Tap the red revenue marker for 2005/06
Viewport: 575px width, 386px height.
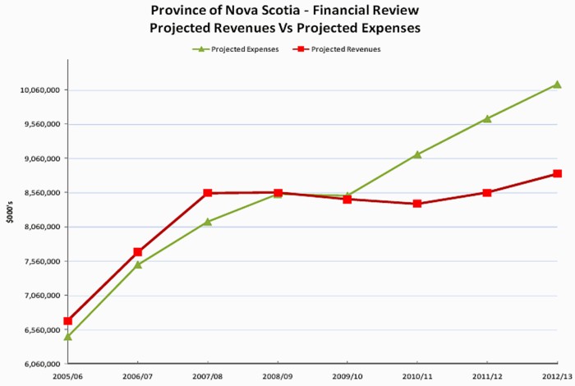(68, 321)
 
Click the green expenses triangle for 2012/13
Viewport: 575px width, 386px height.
(557, 85)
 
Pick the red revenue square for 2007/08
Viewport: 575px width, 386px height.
(208, 193)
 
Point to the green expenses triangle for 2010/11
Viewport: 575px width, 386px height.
(417, 154)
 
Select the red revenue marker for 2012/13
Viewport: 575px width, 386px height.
(557, 174)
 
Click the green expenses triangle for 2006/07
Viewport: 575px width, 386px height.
(138, 264)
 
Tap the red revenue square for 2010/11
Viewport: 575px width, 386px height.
(417, 204)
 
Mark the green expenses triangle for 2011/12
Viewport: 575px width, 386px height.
(487, 118)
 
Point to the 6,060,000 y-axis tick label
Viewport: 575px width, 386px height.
(41, 364)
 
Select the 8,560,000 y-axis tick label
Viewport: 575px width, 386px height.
(41, 192)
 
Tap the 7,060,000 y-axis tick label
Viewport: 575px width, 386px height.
(41, 296)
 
